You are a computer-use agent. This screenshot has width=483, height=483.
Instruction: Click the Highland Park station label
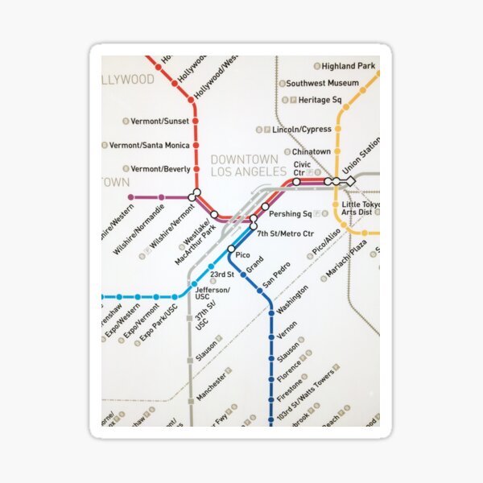click(349, 65)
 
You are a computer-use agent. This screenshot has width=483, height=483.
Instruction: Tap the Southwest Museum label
click(322, 83)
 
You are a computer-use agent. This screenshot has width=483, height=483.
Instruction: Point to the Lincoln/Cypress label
click(302, 129)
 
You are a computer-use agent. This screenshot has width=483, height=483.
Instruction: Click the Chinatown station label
click(311, 151)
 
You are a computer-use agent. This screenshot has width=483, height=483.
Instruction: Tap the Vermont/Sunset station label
click(160, 121)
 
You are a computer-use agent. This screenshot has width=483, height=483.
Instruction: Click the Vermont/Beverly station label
click(160, 169)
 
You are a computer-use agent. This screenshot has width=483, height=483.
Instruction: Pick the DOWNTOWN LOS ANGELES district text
click(248, 166)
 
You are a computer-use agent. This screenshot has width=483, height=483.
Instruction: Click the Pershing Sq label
click(290, 214)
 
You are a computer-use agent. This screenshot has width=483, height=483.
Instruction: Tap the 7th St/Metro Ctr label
click(285, 233)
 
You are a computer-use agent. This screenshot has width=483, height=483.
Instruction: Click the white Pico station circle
click(231, 249)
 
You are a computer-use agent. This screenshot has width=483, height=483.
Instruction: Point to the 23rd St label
click(222, 275)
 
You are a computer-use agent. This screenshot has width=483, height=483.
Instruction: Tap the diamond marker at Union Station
click(350, 182)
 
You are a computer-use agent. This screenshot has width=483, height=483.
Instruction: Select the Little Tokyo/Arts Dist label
click(361, 209)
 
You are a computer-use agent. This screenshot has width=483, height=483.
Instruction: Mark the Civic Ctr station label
click(302, 169)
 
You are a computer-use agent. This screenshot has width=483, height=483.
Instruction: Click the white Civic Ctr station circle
click(297, 182)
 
